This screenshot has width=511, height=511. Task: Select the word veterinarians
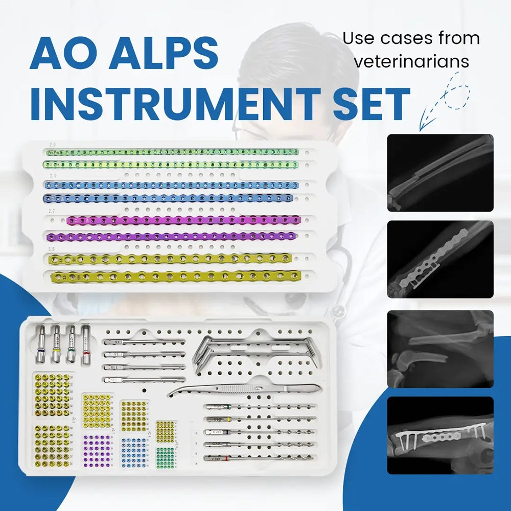point(411,62)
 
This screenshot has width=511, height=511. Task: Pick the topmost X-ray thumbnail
point(440,173)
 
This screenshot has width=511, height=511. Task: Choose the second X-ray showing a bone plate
point(440,259)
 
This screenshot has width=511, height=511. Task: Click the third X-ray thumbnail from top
point(440,349)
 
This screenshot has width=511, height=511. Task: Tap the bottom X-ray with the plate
point(440,435)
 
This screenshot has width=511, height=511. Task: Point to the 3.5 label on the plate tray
point(51,249)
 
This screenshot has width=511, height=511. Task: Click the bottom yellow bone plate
point(174,277)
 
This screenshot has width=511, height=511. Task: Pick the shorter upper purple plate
point(184,220)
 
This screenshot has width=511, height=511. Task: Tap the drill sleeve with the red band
point(86,345)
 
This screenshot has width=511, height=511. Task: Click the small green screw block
point(166,456)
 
